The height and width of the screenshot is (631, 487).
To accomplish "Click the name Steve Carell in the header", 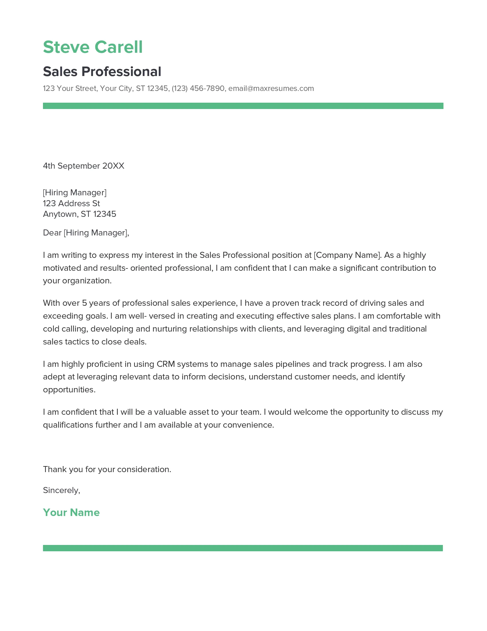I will (x=93, y=47).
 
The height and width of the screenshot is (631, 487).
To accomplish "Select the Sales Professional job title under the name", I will (x=102, y=72).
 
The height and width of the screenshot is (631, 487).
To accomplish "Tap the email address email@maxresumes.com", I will (x=271, y=88).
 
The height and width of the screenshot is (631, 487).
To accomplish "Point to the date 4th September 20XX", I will (x=83, y=166).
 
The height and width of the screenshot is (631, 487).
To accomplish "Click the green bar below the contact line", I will (x=243, y=106).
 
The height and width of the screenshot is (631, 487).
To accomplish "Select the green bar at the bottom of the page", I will (x=243, y=548).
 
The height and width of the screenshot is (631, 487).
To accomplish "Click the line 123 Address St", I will (x=71, y=203).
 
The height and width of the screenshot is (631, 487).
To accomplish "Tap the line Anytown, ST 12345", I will (x=79, y=214).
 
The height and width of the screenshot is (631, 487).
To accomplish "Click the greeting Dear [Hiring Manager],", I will (x=86, y=233).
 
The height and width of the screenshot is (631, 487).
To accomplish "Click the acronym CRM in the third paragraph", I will (x=166, y=364).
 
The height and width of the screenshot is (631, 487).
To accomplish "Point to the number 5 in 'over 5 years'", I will (x=84, y=303).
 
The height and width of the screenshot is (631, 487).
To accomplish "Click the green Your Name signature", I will (x=71, y=513).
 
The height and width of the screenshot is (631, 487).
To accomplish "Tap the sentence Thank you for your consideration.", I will (x=107, y=470).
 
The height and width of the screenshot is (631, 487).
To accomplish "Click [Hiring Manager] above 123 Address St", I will (x=75, y=193).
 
